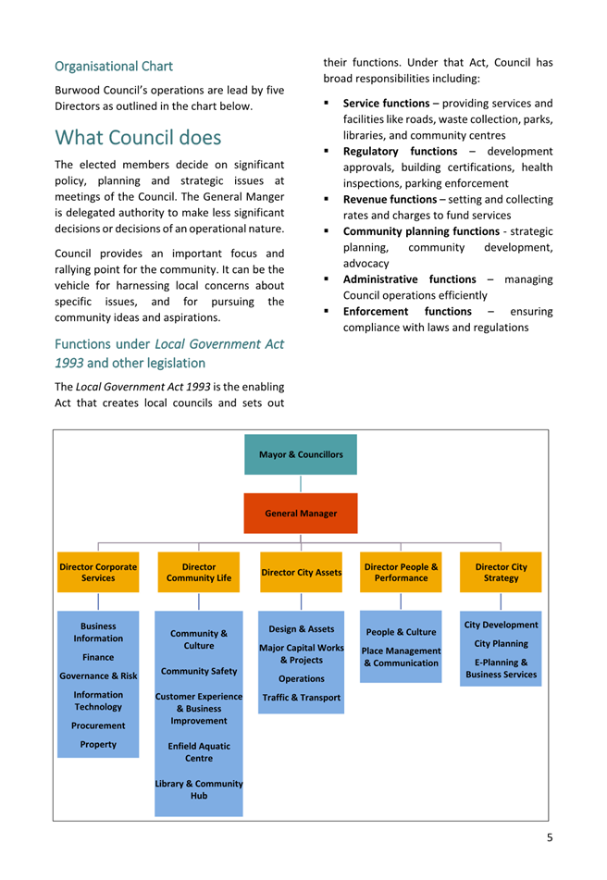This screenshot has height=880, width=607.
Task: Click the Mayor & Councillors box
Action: (301, 454)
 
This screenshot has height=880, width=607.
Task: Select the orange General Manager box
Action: (301, 513)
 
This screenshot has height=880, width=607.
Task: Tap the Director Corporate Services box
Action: (98, 572)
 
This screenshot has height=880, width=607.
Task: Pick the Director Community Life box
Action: (199, 572)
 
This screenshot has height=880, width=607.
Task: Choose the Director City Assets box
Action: (301, 573)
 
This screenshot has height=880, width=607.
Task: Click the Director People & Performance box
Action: (401, 572)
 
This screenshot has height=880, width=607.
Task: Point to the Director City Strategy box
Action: (501, 572)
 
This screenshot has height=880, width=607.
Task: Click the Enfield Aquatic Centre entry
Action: (199, 751)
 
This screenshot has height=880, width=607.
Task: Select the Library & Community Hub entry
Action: (199, 789)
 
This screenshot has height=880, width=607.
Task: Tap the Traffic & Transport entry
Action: (301, 697)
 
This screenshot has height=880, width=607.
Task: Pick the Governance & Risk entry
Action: (98, 676)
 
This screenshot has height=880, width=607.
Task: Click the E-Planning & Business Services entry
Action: (501, 668)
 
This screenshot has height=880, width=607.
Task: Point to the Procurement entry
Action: (98, 725)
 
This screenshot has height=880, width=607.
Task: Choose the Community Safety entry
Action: (199, 671)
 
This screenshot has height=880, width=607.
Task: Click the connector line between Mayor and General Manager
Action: (301, 484)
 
